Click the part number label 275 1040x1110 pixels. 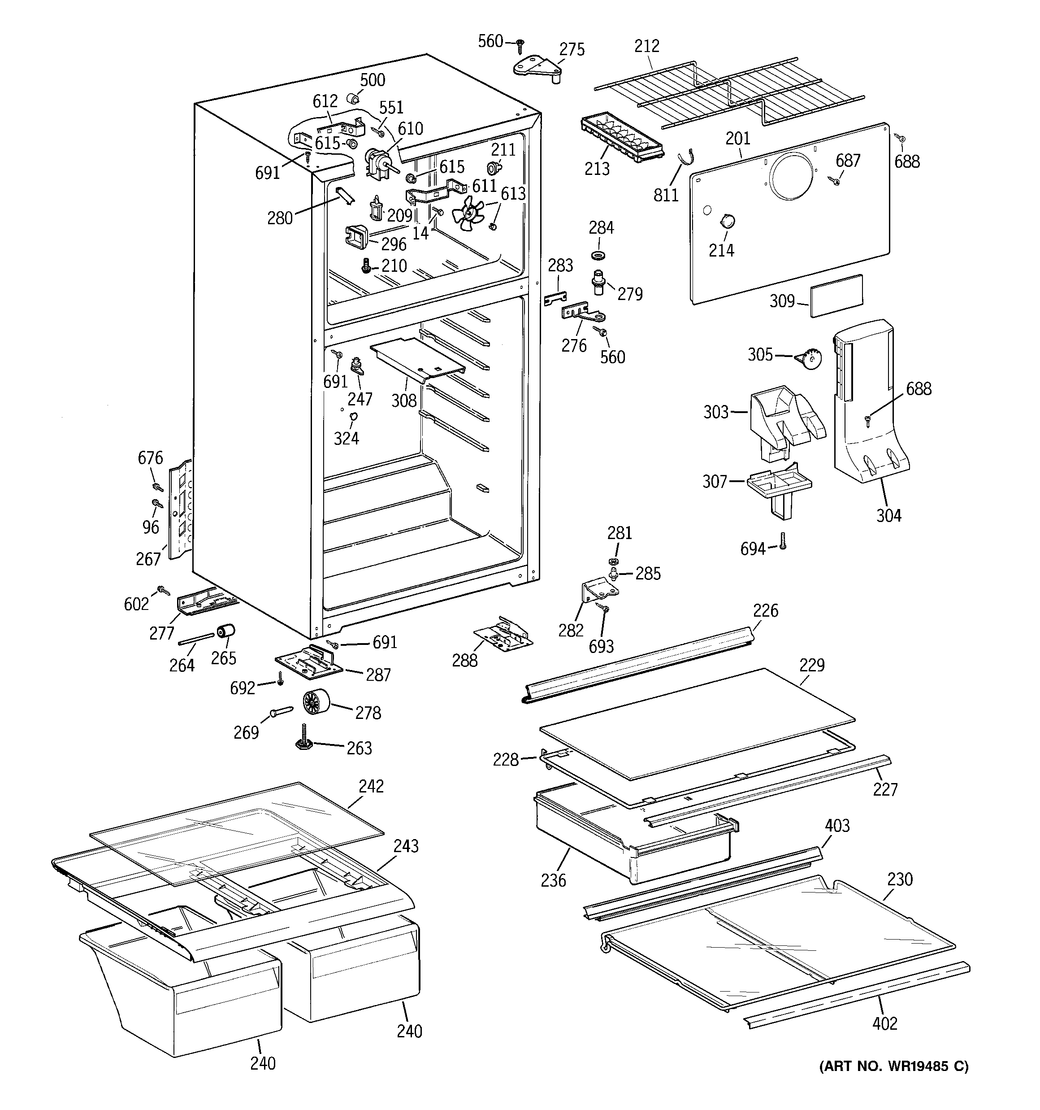(572, 49)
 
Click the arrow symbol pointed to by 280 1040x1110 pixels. (344, 196)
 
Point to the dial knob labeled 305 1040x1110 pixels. (808, 358)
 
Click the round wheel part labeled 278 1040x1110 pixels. (316, 702)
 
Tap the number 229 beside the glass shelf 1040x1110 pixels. (812, 665)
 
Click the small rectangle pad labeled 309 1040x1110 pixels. (836, 296)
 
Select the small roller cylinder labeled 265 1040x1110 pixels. (226, 631)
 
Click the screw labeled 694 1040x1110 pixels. (783, 541)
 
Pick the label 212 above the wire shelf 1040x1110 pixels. (646, 46)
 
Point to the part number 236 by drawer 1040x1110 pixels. (553, 880)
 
